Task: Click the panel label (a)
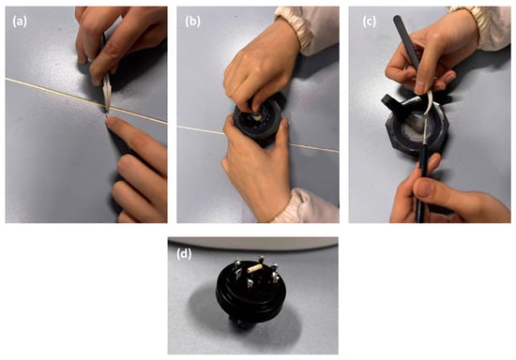(20, 22)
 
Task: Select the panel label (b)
(192, 22)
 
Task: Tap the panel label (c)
(369, 22)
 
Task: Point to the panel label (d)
(184, 254)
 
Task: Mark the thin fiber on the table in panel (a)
(86, 101)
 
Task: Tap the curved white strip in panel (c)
(429, 102)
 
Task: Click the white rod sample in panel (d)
(256, 269)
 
